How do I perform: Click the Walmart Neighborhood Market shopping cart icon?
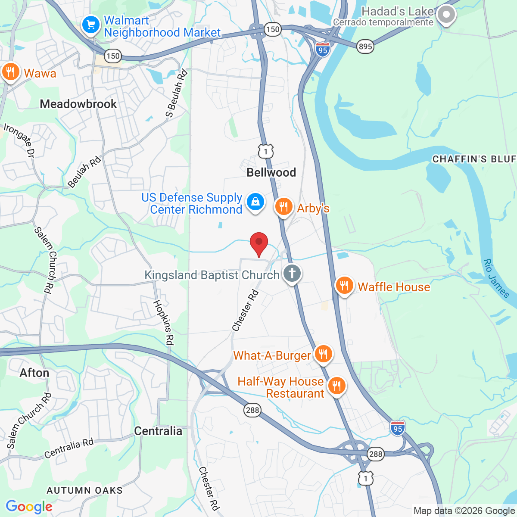(90, 25)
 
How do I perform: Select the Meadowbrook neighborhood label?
(78, 104)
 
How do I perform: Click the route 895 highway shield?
(365, 47)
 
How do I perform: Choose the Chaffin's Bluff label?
(474, 159)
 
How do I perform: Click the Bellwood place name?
(271, 172)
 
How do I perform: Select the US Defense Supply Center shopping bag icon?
(255, 202)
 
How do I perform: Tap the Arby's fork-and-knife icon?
(283, 207)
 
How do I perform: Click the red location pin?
(259, 243)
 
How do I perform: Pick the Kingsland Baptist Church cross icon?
(292, 273)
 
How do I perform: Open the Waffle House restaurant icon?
(344, 285)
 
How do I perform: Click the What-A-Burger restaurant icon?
(323, 354)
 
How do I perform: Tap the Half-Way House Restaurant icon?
(336, 385)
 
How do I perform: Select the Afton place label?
(34, 373)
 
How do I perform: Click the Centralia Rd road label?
(69, 448)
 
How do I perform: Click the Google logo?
(29, 507)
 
